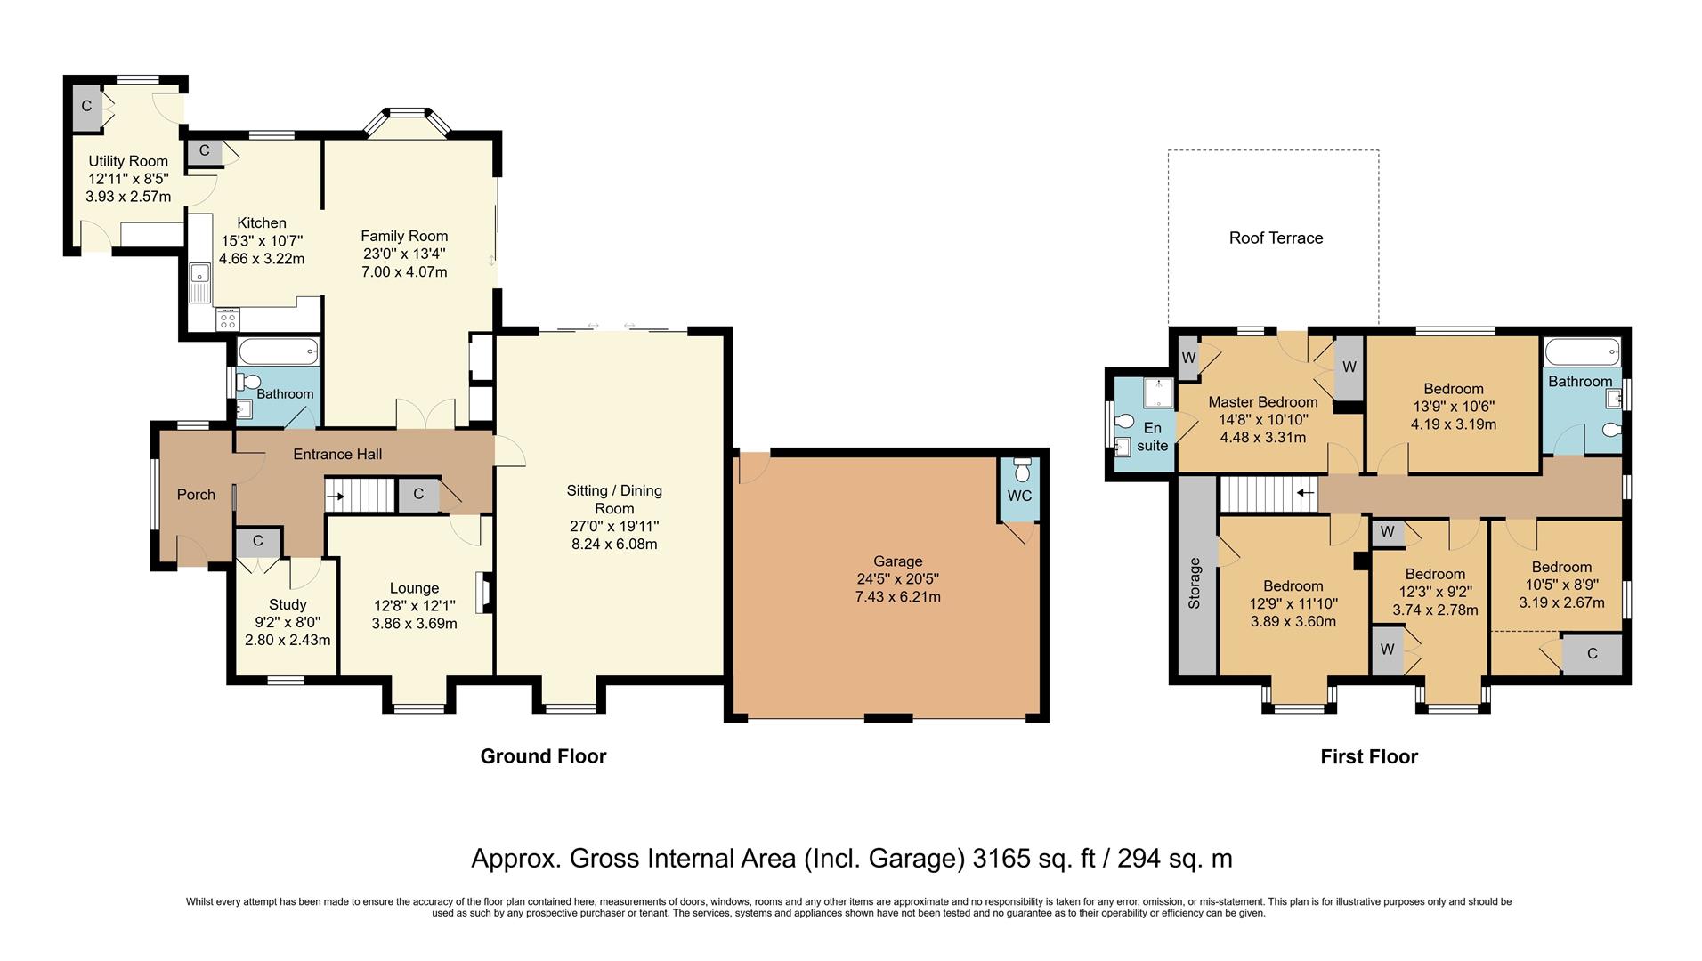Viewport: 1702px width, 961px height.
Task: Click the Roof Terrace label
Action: click(x=1276, y=238)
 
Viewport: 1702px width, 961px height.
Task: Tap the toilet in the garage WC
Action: click(x=1021, y=468)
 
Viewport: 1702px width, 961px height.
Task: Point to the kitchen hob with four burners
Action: click(x=228, y=319)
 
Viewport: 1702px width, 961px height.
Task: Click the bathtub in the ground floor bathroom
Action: click(x=278, y=352)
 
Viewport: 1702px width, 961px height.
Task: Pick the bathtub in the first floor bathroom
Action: click(x=1582, y=352)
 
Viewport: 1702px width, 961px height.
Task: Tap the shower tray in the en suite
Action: click(x=1158, y=393)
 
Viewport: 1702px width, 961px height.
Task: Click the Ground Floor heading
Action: click(x=543, y=756)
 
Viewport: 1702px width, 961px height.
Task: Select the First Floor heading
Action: click(x=1369, y=756)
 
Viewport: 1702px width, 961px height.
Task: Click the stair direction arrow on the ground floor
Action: click(x=336, y=496)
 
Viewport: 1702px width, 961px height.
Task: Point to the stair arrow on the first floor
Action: click(x=1306, y=491)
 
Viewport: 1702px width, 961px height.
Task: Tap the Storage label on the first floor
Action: click(x=1195, y=583)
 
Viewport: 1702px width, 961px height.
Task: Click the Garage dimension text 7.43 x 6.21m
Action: click(x=897, y=596)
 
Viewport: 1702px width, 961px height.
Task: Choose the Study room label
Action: click(x=288, y=604)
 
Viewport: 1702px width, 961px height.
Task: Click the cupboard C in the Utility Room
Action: click(x=86, y=106)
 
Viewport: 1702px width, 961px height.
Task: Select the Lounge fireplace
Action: click(x=484, y=593)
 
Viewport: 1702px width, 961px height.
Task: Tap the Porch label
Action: click(x=196, y=495)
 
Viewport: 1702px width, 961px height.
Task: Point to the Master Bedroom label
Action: click(x=1263, y=402)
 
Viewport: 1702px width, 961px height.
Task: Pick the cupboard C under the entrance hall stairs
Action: click(x=418, y=495)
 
